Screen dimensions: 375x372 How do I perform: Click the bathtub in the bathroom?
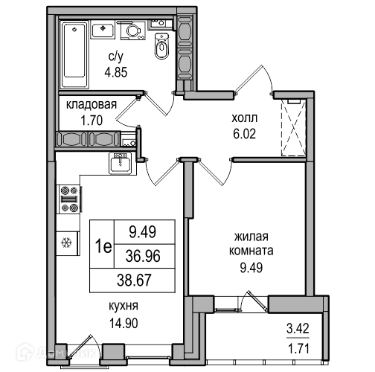[x=74, y=54]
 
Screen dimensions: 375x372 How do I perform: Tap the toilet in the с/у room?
[x=162, y=46]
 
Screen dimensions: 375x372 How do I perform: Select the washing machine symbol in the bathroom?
[x=133, y=31]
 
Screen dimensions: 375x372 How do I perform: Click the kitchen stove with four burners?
[x=69, y=199]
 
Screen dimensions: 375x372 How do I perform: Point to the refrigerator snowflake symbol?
[x=66, y=243]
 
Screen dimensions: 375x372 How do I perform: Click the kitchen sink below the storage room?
[x=121, y=163]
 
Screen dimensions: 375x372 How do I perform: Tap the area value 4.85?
[x=116, y=72]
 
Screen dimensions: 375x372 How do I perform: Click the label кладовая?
[x=92, y=105]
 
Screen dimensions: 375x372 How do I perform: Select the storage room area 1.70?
[x=92, y=121]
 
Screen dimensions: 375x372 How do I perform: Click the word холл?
[x=245, y=118]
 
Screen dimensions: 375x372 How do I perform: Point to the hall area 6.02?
[x=244, y=134]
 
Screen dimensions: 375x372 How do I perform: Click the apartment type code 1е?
[x=103, y=246]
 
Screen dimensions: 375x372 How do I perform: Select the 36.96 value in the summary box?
[x=143, y=256]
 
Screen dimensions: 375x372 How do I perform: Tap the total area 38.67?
[x=134, y=280]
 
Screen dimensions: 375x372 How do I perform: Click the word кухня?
[x=124, y=306]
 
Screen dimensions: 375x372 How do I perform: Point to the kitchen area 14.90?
[x=124, y=324]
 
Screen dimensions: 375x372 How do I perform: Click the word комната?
[x=251, y=251]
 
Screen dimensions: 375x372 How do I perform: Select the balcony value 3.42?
[x=298, y=329]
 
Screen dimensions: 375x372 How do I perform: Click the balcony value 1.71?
[x=298, y=349]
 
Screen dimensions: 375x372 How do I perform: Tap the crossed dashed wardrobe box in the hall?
[x=293, y=128]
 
